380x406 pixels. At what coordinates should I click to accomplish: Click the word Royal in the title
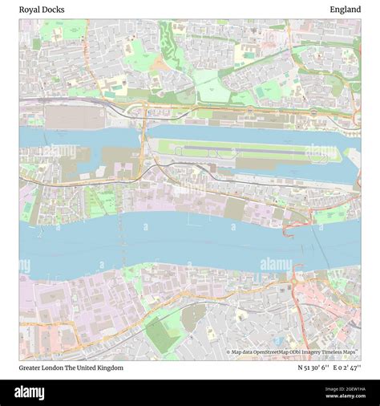pyautogui.click(x=29, y=10)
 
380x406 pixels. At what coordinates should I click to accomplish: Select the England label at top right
pyautogui.click(x=345, y=10)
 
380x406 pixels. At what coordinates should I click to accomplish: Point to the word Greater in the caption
pyautogui.click(x=32, y=367)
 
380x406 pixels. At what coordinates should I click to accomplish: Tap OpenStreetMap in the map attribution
pyautogui.click(x=272, y=351)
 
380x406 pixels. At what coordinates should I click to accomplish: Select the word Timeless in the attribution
pyautogui.click(x=334, y=351)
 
